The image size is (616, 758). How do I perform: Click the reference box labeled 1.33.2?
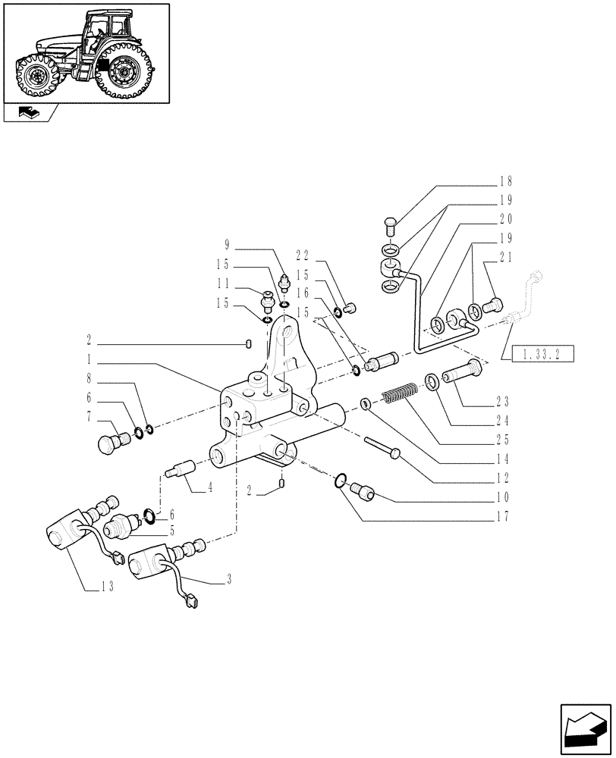tap(542, 352)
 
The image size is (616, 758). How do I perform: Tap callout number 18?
tap(507, 181)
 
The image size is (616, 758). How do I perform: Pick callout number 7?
tap(90, 416)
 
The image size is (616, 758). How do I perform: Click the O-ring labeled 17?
tap(341, 479)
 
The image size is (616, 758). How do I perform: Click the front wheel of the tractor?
tap(34, 76)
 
